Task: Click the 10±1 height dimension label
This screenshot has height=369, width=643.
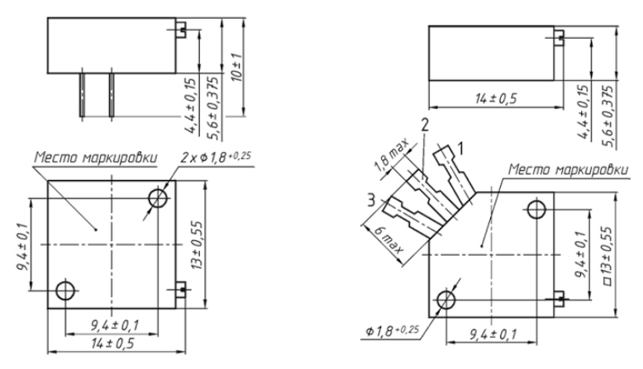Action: [237, 67]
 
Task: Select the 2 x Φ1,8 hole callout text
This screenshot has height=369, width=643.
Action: [215, 157]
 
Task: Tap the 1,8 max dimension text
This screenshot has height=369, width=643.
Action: [392, 155]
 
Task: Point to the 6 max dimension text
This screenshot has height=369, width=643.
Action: [388, 240]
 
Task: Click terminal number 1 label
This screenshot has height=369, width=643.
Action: [461, 149]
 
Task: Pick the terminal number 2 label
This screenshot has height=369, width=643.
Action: [425, 125]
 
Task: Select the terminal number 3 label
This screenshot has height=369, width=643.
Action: [371, 201]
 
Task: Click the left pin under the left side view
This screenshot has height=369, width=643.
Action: [83, 95]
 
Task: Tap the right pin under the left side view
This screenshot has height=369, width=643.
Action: [112, 95]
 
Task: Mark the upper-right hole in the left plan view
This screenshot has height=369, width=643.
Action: [158, 198]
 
